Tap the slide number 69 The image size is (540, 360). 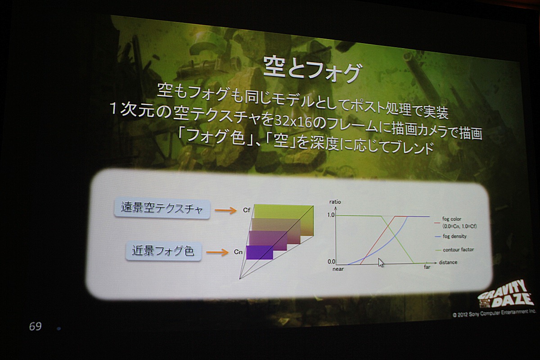pos(35,326)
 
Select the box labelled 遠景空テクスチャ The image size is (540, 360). pos(162,209)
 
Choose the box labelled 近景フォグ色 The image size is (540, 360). pos(163,251)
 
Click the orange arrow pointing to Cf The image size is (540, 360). pos(225,211)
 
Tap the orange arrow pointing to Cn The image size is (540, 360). pos(217,252)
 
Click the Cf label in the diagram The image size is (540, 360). pos(247,210)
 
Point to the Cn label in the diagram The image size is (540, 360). pos(238,252)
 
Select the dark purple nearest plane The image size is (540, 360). pos(259,252)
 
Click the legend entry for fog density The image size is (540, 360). pos(451,236)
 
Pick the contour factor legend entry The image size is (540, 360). pos(454,250)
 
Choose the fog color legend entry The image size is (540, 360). pos(455,222)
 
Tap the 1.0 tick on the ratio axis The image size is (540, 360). pos(331,215)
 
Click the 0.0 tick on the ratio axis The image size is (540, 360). pos(331,261)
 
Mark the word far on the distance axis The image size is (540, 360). pos(427,267)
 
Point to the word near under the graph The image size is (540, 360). pos(338,269)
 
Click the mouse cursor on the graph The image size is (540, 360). pos(380,262)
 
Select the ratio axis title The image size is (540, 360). pos(335,202)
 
